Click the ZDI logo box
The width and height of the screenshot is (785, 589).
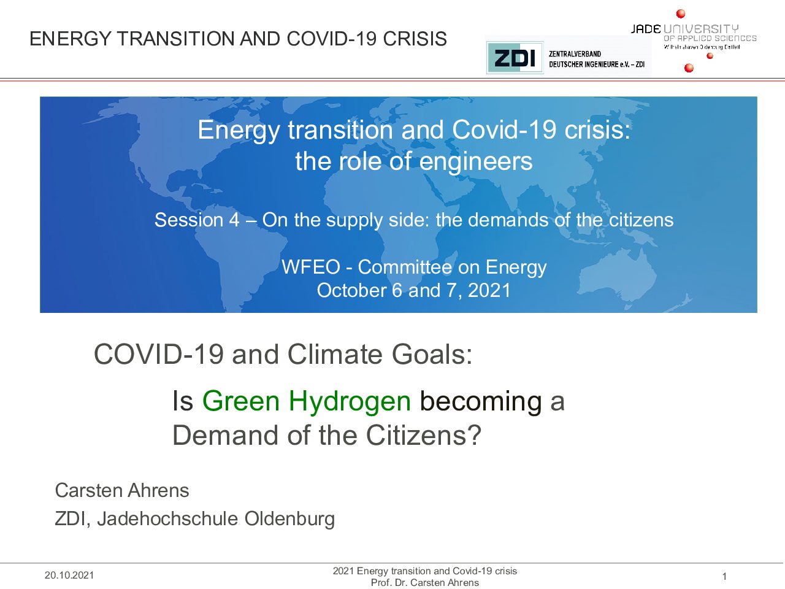(515, 58)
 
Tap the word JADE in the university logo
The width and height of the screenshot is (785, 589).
(646, 29)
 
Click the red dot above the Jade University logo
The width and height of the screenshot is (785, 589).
(681, 13)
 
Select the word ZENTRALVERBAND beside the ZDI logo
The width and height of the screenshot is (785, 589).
(575, 54)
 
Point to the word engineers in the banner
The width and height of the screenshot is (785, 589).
(476, 161)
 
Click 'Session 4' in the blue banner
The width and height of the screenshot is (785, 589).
(197, 220)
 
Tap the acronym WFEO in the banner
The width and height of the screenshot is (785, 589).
(310, 267)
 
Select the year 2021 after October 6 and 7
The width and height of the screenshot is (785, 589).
(489, 290)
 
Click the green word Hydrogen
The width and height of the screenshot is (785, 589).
(350, 401)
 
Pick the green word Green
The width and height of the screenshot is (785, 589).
(240, 401)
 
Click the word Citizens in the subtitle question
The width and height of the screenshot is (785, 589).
(423, 435)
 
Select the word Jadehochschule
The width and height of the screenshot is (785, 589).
(167, 519)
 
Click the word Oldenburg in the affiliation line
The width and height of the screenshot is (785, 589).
(289, 519)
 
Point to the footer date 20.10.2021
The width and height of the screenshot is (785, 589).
(69, 575)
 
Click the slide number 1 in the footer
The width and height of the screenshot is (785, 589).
(724, 576)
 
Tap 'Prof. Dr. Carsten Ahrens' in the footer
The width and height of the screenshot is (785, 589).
(425, 583)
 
